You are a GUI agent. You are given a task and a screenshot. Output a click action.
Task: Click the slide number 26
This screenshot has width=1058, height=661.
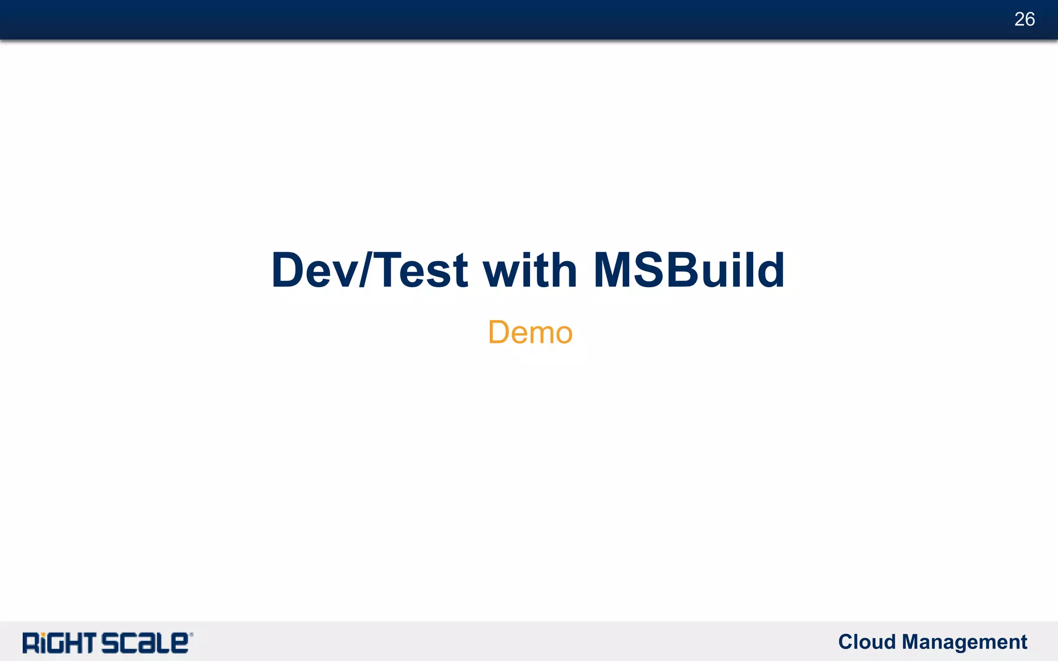point(1024,19)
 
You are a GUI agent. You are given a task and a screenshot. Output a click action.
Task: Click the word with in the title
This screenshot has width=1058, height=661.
point(530,270)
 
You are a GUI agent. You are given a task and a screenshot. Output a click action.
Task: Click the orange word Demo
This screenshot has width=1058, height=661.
point(530,332)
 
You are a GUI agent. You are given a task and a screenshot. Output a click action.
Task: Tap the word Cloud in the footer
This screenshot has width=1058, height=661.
point(867,642)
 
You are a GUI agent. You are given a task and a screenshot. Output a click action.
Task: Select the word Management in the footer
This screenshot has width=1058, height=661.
point(964,642)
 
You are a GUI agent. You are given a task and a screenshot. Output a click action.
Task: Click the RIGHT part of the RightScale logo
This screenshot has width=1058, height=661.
point(59,643)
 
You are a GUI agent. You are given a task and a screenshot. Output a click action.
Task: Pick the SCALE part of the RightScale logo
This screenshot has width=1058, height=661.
point(144,643)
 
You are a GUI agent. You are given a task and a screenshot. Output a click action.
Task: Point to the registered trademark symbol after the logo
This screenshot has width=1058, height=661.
point(192,635)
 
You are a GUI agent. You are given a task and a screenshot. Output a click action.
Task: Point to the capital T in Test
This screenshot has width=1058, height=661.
point(392,270)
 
